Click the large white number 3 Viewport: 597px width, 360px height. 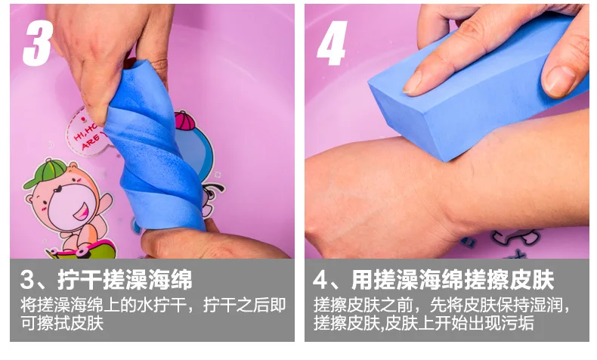coord(38,42)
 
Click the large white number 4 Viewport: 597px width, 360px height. coord(332,42)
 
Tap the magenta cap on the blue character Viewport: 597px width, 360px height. coord(184,120)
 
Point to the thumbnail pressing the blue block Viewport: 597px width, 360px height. coord(559,81)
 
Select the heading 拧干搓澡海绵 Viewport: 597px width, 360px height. coord(125,280)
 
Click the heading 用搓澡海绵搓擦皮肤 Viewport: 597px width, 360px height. coord(453,280)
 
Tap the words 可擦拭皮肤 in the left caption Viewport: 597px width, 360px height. coord(62,323)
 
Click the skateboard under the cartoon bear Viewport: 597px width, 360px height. coord(81,249)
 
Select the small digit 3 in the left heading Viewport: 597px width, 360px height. coord(28,280)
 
